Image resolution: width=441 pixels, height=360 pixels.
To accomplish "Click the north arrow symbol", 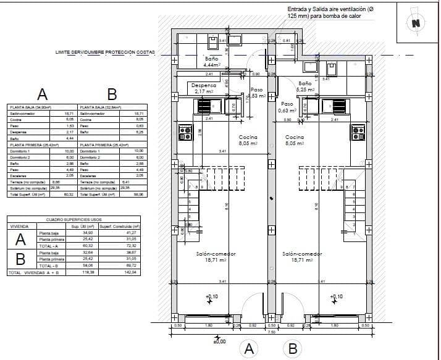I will pos(415,23).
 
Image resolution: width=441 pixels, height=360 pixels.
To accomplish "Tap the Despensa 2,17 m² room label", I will pos(203,88).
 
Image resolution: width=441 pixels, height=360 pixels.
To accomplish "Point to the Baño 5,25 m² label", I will pos(305,86).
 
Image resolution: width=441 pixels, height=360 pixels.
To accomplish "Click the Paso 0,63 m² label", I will pos(287,107).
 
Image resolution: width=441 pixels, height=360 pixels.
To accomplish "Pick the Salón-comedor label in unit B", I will pos(302,257).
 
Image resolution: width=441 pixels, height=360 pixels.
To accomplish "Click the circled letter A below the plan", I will pos(250,349).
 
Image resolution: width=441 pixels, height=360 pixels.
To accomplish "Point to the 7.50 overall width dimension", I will pos(271,331).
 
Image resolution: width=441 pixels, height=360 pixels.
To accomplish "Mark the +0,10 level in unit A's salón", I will pos(211,297).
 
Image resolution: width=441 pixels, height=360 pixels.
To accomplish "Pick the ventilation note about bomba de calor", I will pos(331,13).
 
